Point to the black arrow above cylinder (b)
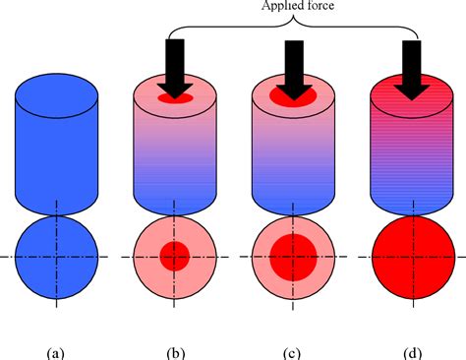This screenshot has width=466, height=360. pos(175,66)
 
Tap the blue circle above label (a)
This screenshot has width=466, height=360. pos(56,257)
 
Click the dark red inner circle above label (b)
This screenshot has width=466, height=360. pos(174,257)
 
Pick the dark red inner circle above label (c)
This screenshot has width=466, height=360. pos(292,257)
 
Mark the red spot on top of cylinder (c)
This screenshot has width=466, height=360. pos(292,99)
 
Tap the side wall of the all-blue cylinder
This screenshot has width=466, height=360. pos(56,157)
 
